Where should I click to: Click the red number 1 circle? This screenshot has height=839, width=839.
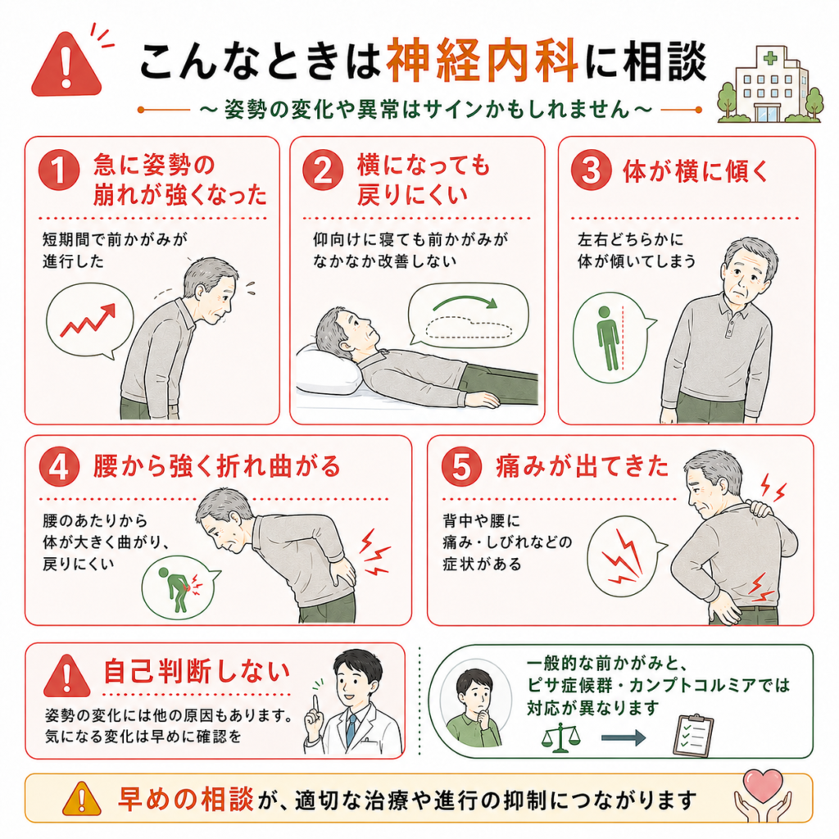[59, 170]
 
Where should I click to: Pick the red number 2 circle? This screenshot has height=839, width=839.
[323, 170]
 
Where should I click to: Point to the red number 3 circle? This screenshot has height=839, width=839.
[592, 170]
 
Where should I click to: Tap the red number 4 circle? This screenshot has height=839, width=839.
[59, 466]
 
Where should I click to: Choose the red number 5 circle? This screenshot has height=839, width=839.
[462, 466]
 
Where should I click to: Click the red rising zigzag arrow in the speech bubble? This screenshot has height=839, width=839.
[88, 320]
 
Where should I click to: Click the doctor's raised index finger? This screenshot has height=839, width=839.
[315, 705]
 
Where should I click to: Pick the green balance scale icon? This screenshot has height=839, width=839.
[560, 737]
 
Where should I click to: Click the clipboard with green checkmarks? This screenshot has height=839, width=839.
[693, 735]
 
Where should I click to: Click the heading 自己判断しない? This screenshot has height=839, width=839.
[197, 672]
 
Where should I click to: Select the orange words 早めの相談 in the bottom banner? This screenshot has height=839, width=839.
[186, 799]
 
